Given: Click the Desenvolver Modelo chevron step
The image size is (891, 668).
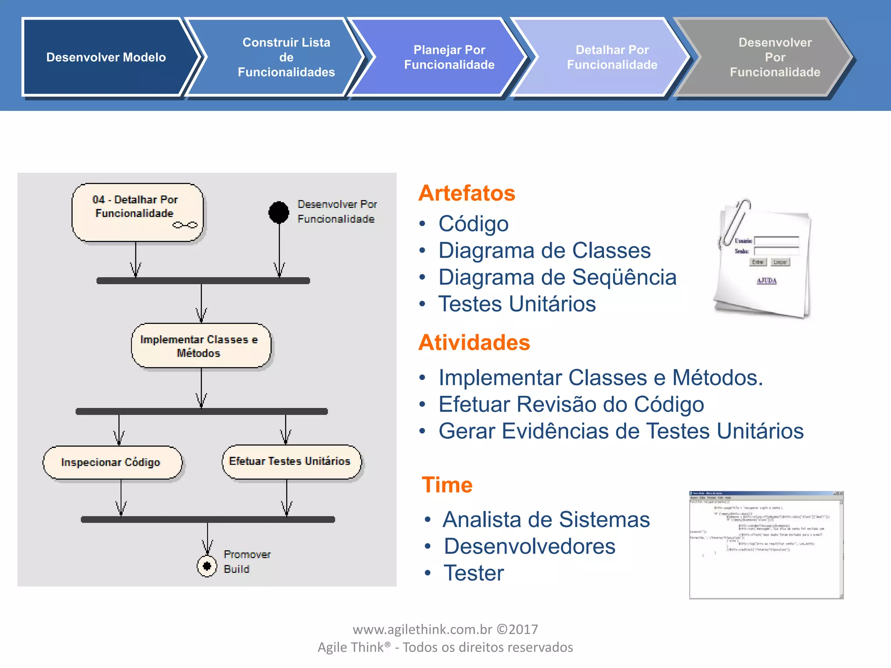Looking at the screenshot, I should click(x=106, y=57).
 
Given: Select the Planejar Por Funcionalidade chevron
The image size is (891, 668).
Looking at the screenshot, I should click(x=449, y=57).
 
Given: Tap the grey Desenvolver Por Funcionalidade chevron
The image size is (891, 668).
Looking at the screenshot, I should click(x=774, y=57).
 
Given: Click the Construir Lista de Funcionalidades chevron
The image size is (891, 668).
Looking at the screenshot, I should click(x=286, y=57).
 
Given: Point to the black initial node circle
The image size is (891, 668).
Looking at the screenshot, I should click(x=278, y=212).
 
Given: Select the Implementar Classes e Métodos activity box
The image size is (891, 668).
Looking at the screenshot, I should click(x=200, y=346).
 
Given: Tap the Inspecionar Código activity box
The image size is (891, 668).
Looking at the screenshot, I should click(x=111, y=462).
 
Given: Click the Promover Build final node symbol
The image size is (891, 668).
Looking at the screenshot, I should click(x=207, y=566).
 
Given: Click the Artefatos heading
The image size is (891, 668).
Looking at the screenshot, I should click(x=466, y=193).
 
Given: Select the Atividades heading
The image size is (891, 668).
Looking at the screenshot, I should click(x=474, y=342).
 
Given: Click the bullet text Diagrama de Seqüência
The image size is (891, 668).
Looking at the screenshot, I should click(x=557, y=277).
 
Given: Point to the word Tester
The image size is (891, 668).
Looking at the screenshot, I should click(x=473, y=573).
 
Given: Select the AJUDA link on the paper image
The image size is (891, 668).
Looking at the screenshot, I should click(x=766, y=281).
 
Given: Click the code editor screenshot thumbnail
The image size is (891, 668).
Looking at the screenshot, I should click(x=766, y=544).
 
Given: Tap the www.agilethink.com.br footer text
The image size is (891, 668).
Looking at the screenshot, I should click(x=445, y=629).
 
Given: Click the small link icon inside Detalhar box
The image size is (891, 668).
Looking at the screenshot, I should click(x=185, y=225).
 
